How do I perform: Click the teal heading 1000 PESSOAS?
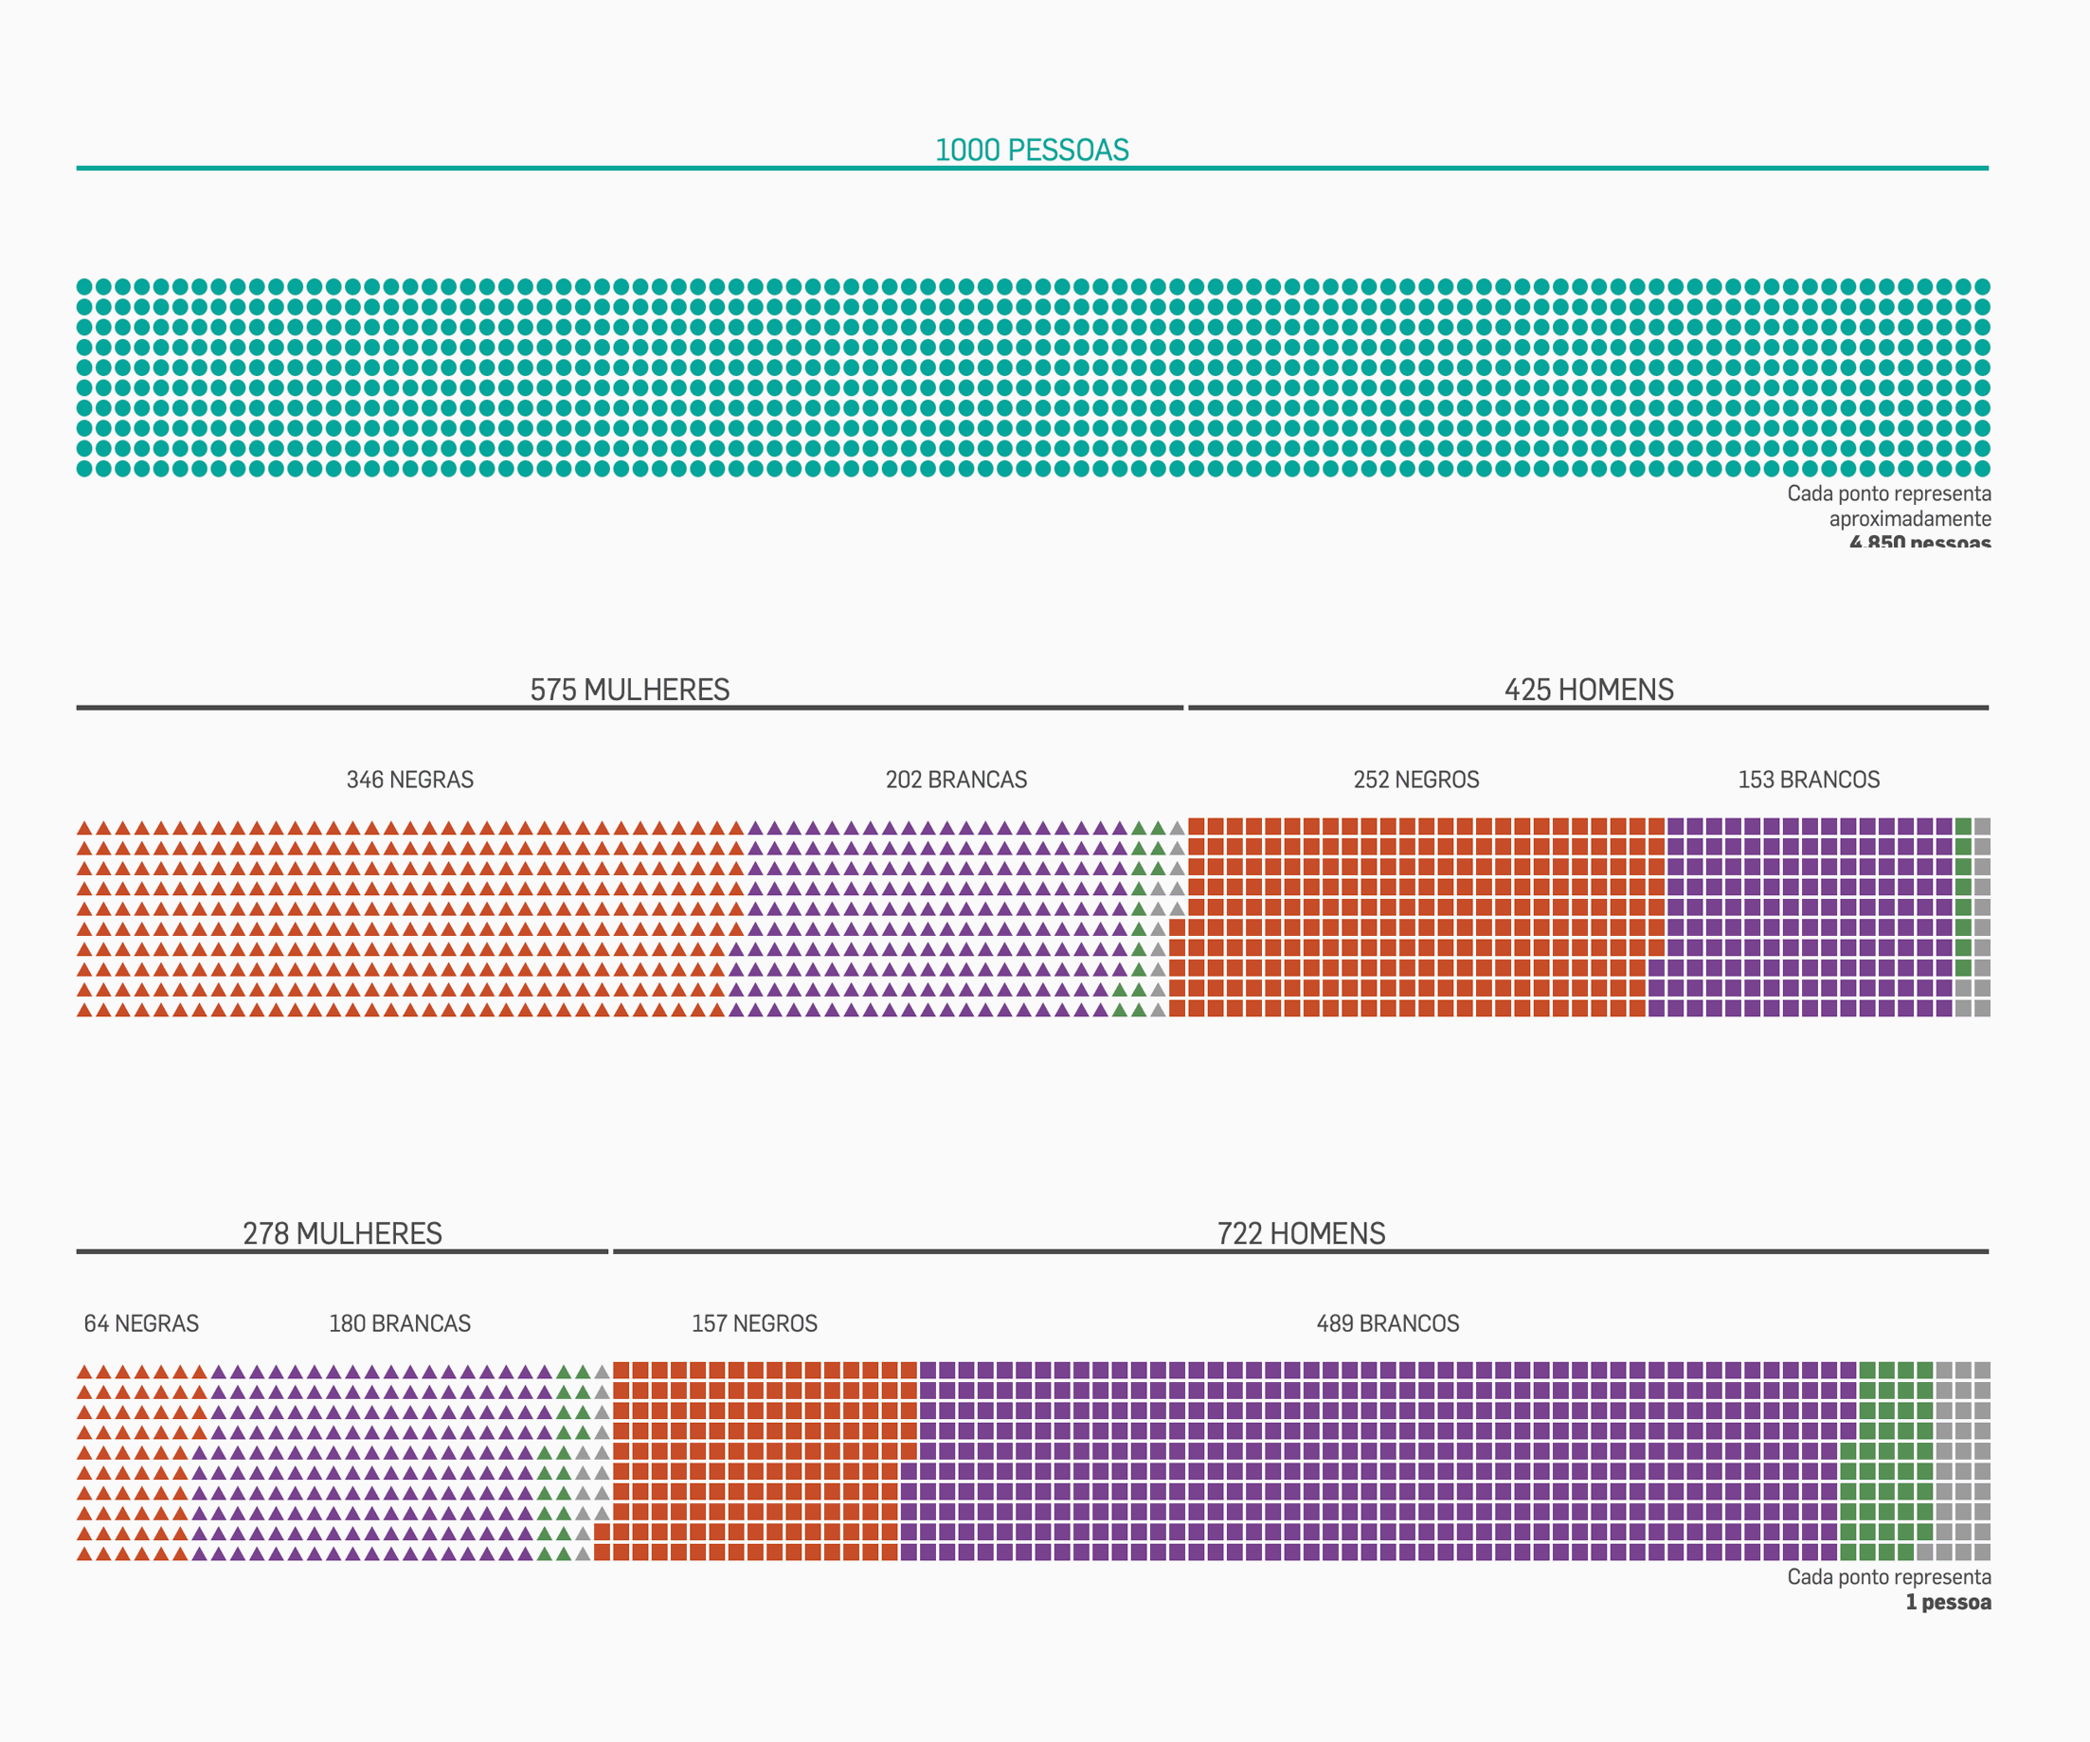click(x=1032, y=151)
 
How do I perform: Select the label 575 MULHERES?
click(x=629, y=691)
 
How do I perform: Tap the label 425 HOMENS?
click(x=1589, y=691)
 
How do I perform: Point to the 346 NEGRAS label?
click(x=410, y=780)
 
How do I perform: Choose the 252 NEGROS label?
click(x=1415, y=780)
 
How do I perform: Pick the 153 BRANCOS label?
click(x=1809, y=780)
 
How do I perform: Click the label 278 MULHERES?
click(x=342, y=1233)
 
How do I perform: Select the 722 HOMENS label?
click(x=1301, y=1233)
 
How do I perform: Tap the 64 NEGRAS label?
click(x=141, y=1324)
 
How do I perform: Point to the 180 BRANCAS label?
click(x=399, y=1324)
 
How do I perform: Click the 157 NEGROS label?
click(x=754, y=1324)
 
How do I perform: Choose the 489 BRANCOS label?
click(x=1387, y=1324)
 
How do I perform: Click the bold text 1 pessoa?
click(x=1948, y=1603)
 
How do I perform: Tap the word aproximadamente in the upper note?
click(x=1910, y=519)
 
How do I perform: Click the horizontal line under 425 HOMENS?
click(x=1589, y=708)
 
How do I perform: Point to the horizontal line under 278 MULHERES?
click(x=342, y=1251)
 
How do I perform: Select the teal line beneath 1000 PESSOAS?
click(x=1032, y=168)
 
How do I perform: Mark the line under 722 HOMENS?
click(x=1301, y=1251)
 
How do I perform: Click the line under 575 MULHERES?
click(x=629, y=708)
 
